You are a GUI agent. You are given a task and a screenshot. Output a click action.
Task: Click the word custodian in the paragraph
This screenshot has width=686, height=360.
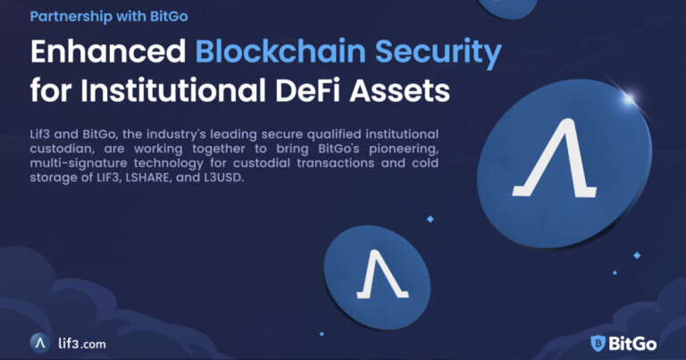point(62,148)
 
